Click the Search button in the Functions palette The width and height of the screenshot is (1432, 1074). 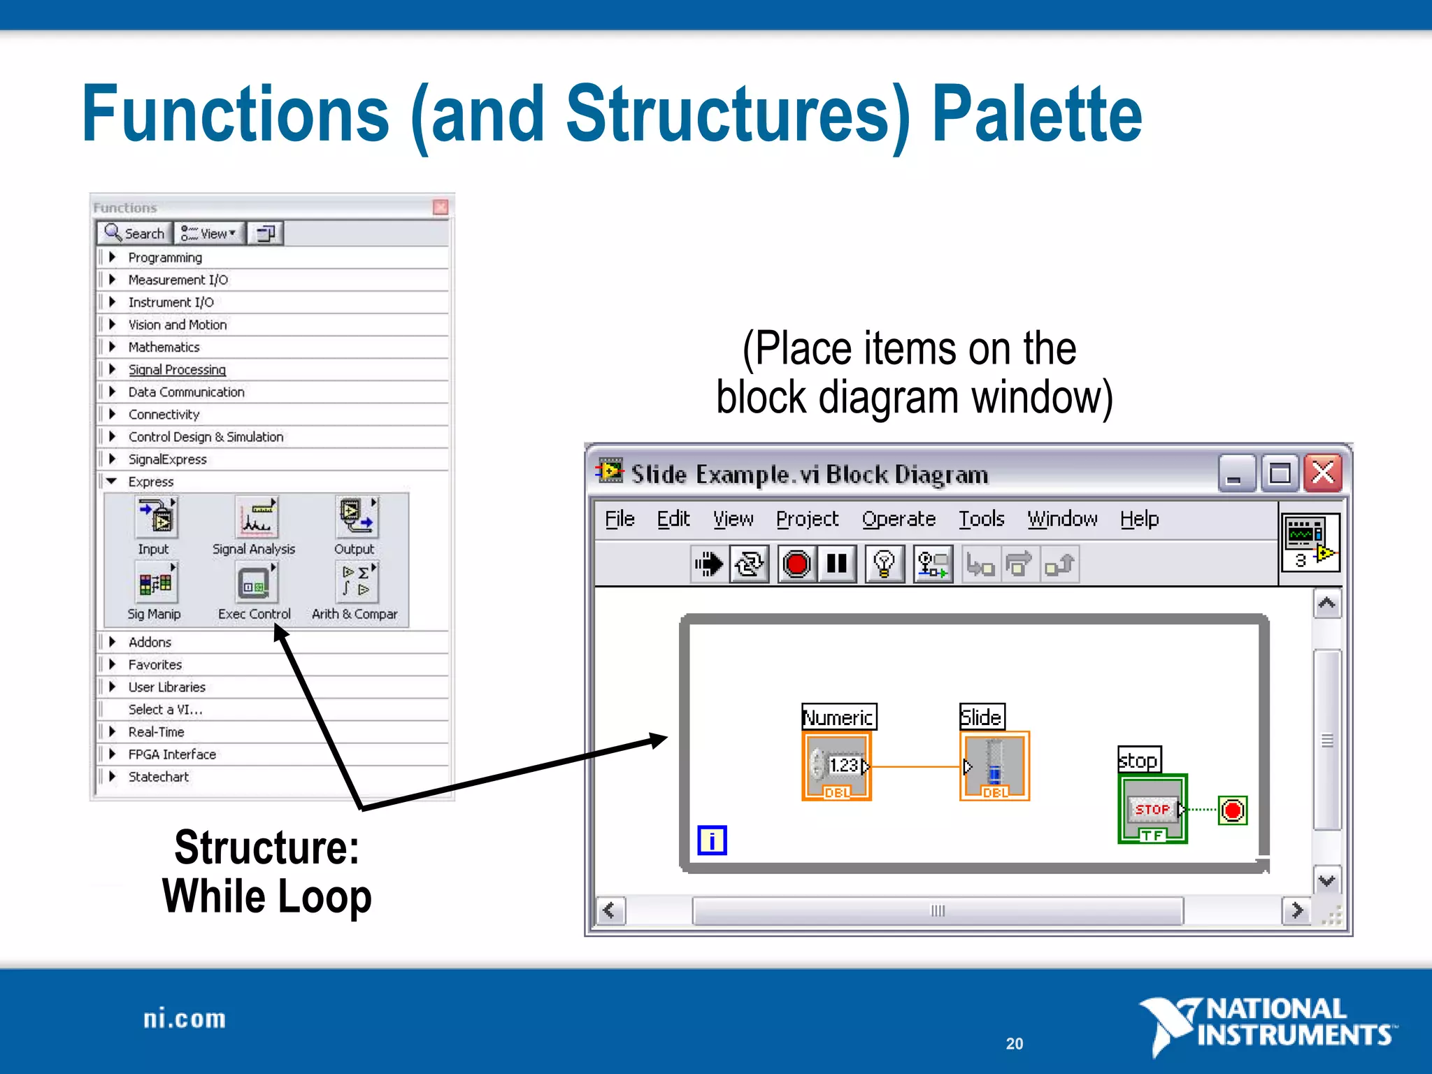point(135,234)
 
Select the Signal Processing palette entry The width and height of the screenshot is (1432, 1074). point(177,370)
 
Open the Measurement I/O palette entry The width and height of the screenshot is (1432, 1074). point(178,280)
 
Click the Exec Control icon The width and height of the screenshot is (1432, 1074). point(255,584)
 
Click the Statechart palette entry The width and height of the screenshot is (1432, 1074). point(158,777)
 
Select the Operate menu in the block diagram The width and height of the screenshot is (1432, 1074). point(898,519)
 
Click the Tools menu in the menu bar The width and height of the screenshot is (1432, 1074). point(981,519)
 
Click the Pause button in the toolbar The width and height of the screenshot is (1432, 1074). point(836,564)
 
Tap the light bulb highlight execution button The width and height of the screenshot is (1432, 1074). point(885,564)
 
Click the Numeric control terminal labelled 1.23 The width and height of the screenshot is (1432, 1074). point(837,766)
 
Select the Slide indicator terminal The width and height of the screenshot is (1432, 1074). point(994,766)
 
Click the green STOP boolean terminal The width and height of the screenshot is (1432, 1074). point(1152,810)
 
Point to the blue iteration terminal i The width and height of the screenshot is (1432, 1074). point(712,840)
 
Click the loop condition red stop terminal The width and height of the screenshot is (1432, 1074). point(1233,810)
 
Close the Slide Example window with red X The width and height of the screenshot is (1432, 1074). point(1323,474)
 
